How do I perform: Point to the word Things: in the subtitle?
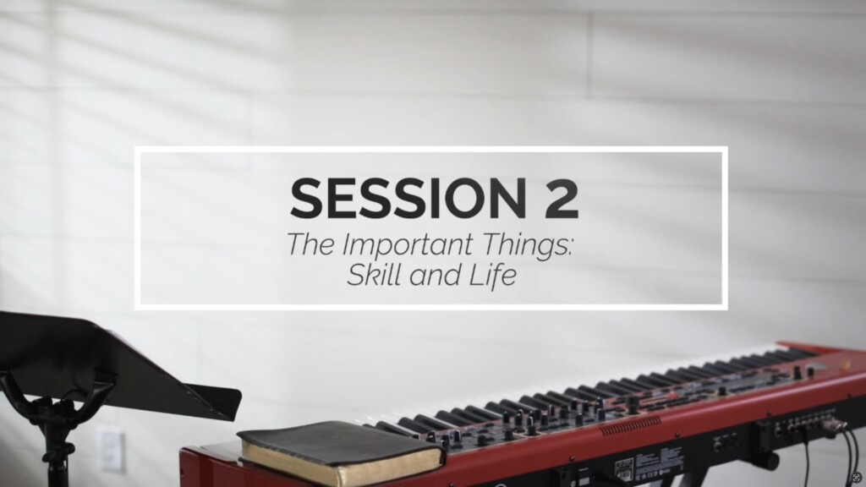click(x=528, y=245)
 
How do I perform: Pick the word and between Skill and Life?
click(x=436, y=275)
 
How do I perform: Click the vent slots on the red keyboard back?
click(x=630, y=424)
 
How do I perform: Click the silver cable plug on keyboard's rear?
click(x=840, y=425)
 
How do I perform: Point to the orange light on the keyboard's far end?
click(x=844, y=365)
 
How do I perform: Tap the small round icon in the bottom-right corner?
click(x=857, y=477)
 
